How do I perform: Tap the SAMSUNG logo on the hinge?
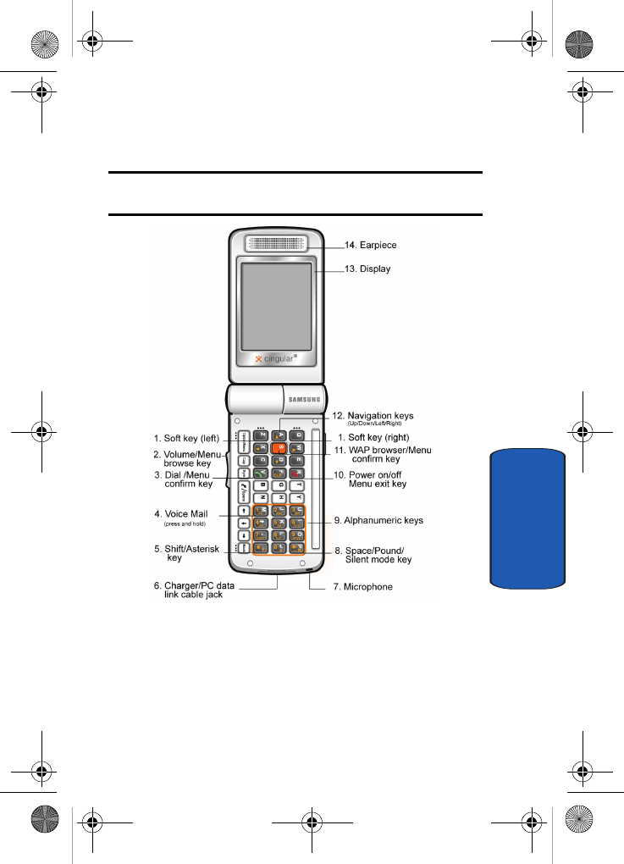(306, 398)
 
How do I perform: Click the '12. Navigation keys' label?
(378, 416)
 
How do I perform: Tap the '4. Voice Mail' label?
(181, 514)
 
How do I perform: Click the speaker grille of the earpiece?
(277, 244)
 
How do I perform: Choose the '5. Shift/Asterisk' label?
(187, 549)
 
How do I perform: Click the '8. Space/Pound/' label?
(380, 551)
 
